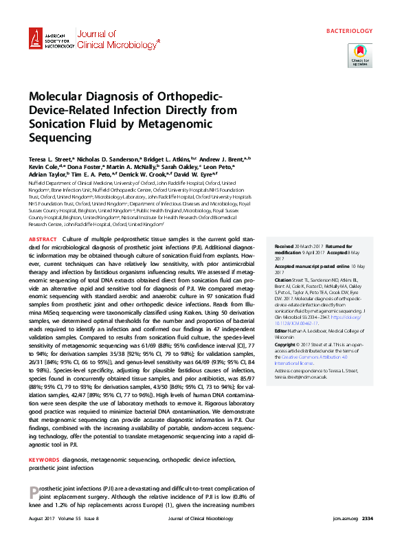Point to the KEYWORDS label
(44, 458)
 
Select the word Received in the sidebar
(284, 245)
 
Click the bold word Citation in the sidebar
(283, 280)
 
